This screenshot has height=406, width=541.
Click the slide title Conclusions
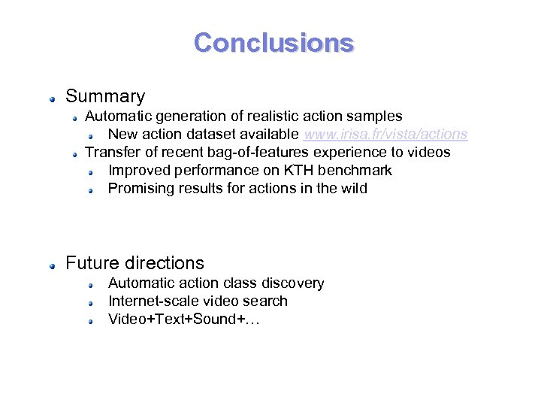274,42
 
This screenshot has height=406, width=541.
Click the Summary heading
105,96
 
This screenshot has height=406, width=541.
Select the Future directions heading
134,263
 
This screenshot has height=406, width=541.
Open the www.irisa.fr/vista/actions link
385,135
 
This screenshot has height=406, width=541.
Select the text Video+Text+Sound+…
183,319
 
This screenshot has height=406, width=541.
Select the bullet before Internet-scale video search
89,302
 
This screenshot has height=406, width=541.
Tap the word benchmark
355,171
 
